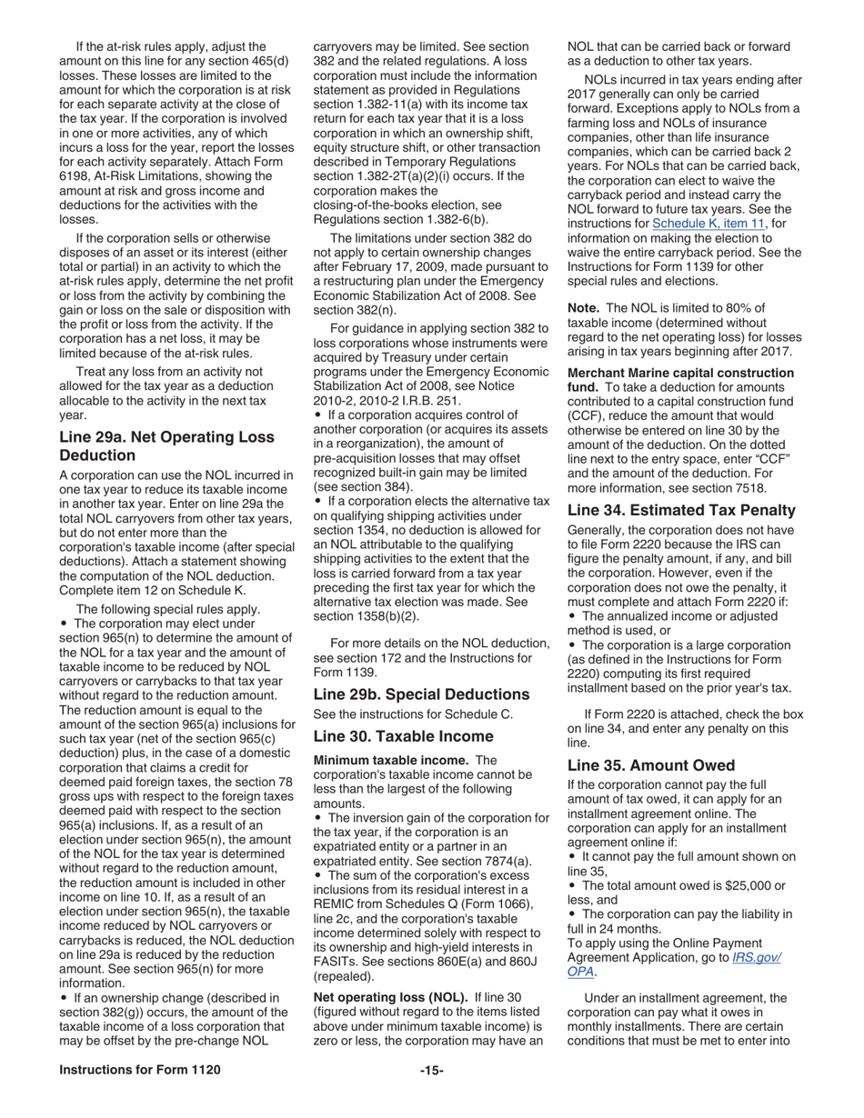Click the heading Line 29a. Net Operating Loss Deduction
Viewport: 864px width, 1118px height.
click(166, 445)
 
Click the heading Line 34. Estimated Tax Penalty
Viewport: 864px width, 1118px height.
click(680, 510)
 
